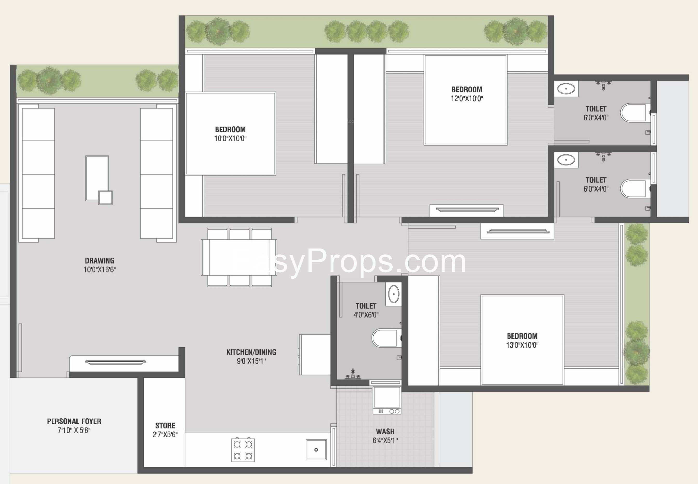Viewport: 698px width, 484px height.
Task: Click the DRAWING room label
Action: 99,260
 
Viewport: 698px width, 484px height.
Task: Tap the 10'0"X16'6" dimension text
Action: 99,270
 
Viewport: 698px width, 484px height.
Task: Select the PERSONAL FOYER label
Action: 74,421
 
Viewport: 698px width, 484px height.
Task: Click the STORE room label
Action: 165,426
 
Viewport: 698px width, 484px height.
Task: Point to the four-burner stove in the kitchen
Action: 243,450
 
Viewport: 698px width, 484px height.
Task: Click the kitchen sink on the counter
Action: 316,449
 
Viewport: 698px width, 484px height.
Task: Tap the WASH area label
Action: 385,431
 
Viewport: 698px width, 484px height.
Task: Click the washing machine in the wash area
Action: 387,400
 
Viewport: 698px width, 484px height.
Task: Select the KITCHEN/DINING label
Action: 251,352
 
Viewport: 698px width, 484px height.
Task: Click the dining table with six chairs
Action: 239,257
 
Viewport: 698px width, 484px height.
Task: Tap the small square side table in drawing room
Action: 105,197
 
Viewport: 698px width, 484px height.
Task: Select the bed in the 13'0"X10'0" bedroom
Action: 522,340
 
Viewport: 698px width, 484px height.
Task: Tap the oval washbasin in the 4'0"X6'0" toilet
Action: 394,294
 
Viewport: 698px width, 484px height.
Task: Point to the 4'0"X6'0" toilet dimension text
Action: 366,315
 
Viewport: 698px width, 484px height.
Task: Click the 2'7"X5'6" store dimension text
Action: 165,435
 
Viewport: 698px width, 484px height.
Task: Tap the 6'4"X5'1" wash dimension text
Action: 385,440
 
